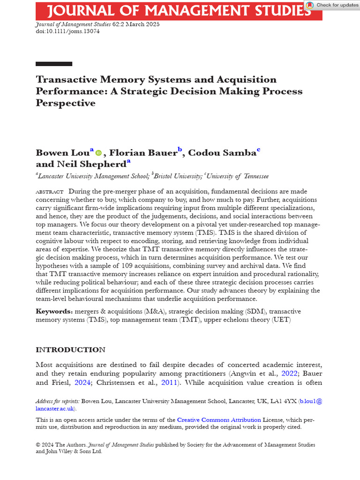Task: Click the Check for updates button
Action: pyautogui.click(x=332, y=5)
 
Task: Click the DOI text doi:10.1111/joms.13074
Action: pyautogui.click(x=67, y=31)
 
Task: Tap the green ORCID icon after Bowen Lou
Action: pyautogui.click(x=98, y=153)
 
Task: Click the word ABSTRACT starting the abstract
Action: pyautogui.click(x=49, y=192)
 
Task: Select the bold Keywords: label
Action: pyautogui.click(x=54, y=312)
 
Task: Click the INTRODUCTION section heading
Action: pyautogui.click(x=70, y=350)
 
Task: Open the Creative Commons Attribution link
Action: pyautogui.click(x=219, y=420)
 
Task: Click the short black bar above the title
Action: pyautogui.click(x=54, y=64)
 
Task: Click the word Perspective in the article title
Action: pyautogui.click(x=65, y=103)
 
